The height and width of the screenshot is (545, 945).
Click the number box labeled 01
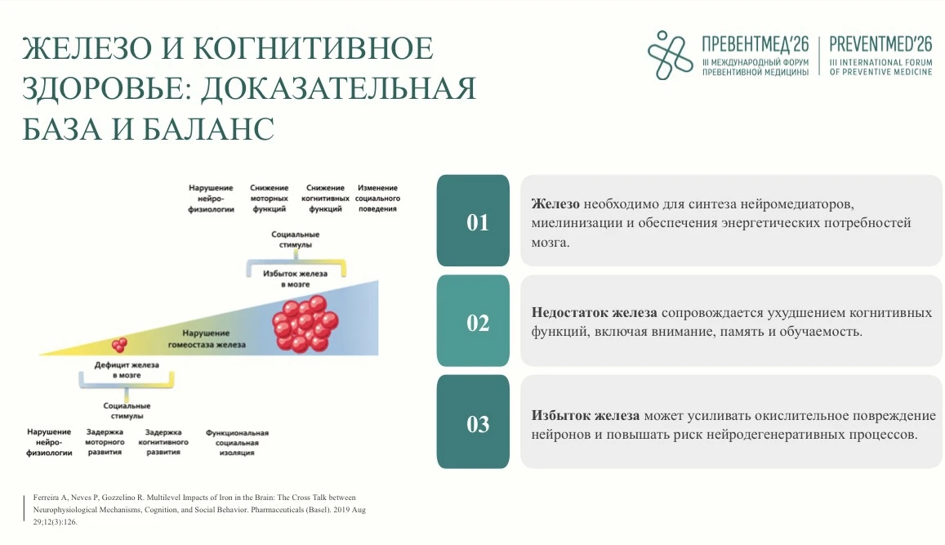tap(473, 221)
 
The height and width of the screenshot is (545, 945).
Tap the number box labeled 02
tap(473, 321)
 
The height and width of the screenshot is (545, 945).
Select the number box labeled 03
tap(473, 422)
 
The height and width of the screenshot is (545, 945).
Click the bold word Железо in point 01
tap(555, 203)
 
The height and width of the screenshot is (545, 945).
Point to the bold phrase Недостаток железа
tap(595, 312)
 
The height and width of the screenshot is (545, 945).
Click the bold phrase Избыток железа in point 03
tap(585, 415)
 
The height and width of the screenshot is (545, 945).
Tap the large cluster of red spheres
tap(305, 324)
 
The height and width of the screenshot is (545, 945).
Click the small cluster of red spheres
tap(119, 345)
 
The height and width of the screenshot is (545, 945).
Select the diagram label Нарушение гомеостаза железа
tap(207, 339)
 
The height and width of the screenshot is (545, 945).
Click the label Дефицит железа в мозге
tap(127, 369)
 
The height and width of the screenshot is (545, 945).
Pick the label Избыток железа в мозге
tap(296, 279)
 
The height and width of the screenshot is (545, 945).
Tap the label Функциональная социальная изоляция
tap(237, 443)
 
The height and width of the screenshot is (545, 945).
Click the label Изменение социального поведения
tap(378, 199)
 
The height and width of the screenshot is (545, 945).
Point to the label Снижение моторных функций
tap(270, 199)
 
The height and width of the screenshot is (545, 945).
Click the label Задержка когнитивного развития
tap(163, 442)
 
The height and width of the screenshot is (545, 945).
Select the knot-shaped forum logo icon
tap(670, 55)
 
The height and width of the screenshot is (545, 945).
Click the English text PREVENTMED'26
tap(880, 44)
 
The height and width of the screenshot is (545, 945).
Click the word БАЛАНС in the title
tap(208, 128)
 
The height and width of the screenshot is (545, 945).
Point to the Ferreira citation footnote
tap(199, 509)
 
